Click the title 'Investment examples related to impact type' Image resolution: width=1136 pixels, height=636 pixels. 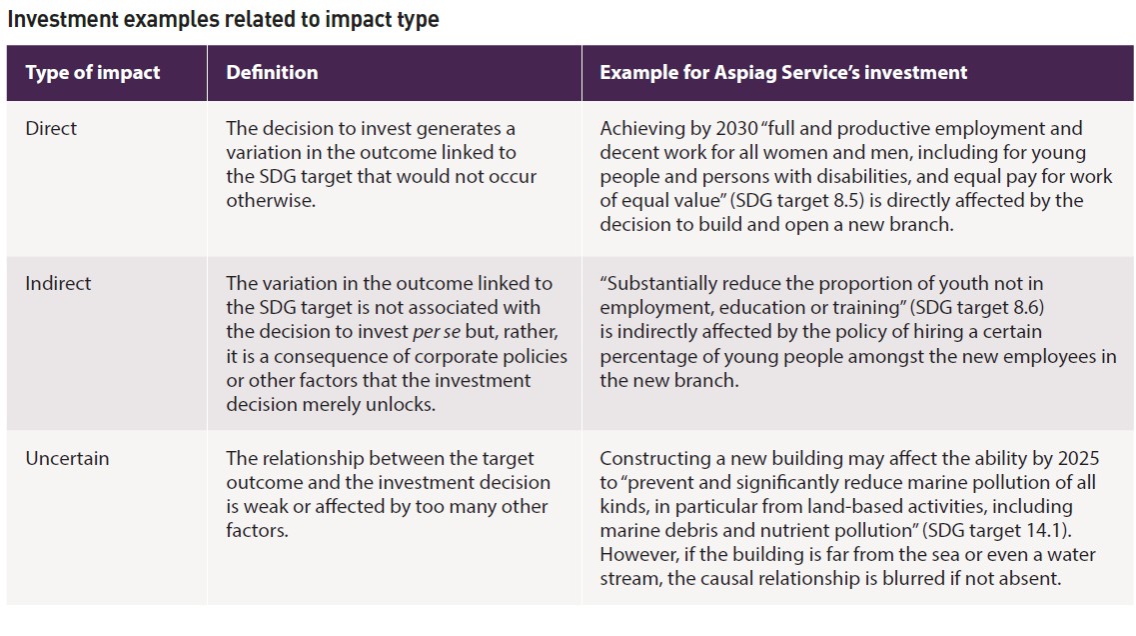(x=223, y=19)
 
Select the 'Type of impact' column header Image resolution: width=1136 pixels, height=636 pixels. (x=92, y=73)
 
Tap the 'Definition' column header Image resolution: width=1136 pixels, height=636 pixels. (x=272, y=73)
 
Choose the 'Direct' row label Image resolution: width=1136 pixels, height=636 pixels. (x=51, y=129)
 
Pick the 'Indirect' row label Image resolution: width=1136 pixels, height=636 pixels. (x=58, y=284)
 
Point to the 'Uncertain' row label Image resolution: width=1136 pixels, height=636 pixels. (x=67, y=459)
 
